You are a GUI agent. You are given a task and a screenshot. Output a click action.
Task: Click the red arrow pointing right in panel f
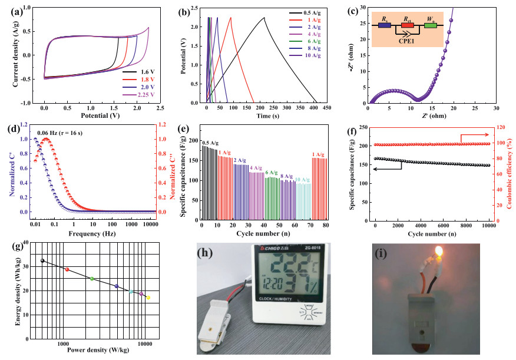pyautogui.click(x=461, y=136)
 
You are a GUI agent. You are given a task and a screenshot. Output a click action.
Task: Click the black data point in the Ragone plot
pyautogui.click(x=42, y=260)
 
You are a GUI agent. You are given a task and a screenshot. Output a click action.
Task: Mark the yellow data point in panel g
pyautogui.click(x=148, y=298)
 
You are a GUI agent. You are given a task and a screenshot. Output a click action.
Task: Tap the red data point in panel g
pyautogui.click(x=67, y=270)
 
